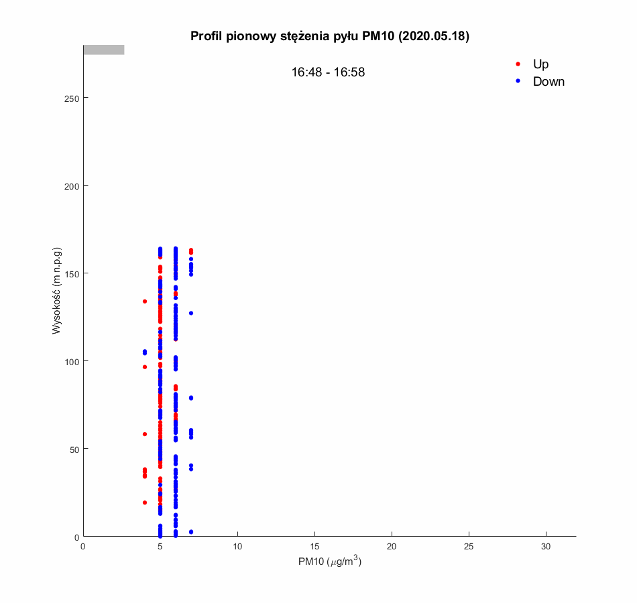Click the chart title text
[x=329, y=36]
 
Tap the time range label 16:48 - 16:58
[x=328, y=72]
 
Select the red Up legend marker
[x=518, y=64]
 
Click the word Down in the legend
[x=548, y=82]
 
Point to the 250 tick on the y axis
[x=72, y=98]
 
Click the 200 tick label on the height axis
[x=72, y=186]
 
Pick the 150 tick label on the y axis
[x=72, y=273]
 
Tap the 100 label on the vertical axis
[x=72, y=361]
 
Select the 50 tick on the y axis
[x=74, y=449]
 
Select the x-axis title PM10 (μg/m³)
[x=330, y=562]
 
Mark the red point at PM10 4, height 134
[x=145, y=301]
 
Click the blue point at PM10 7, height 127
[x=191, y=313]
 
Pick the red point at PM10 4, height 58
[x=145, y=434]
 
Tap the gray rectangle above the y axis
[x=103, y=50]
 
